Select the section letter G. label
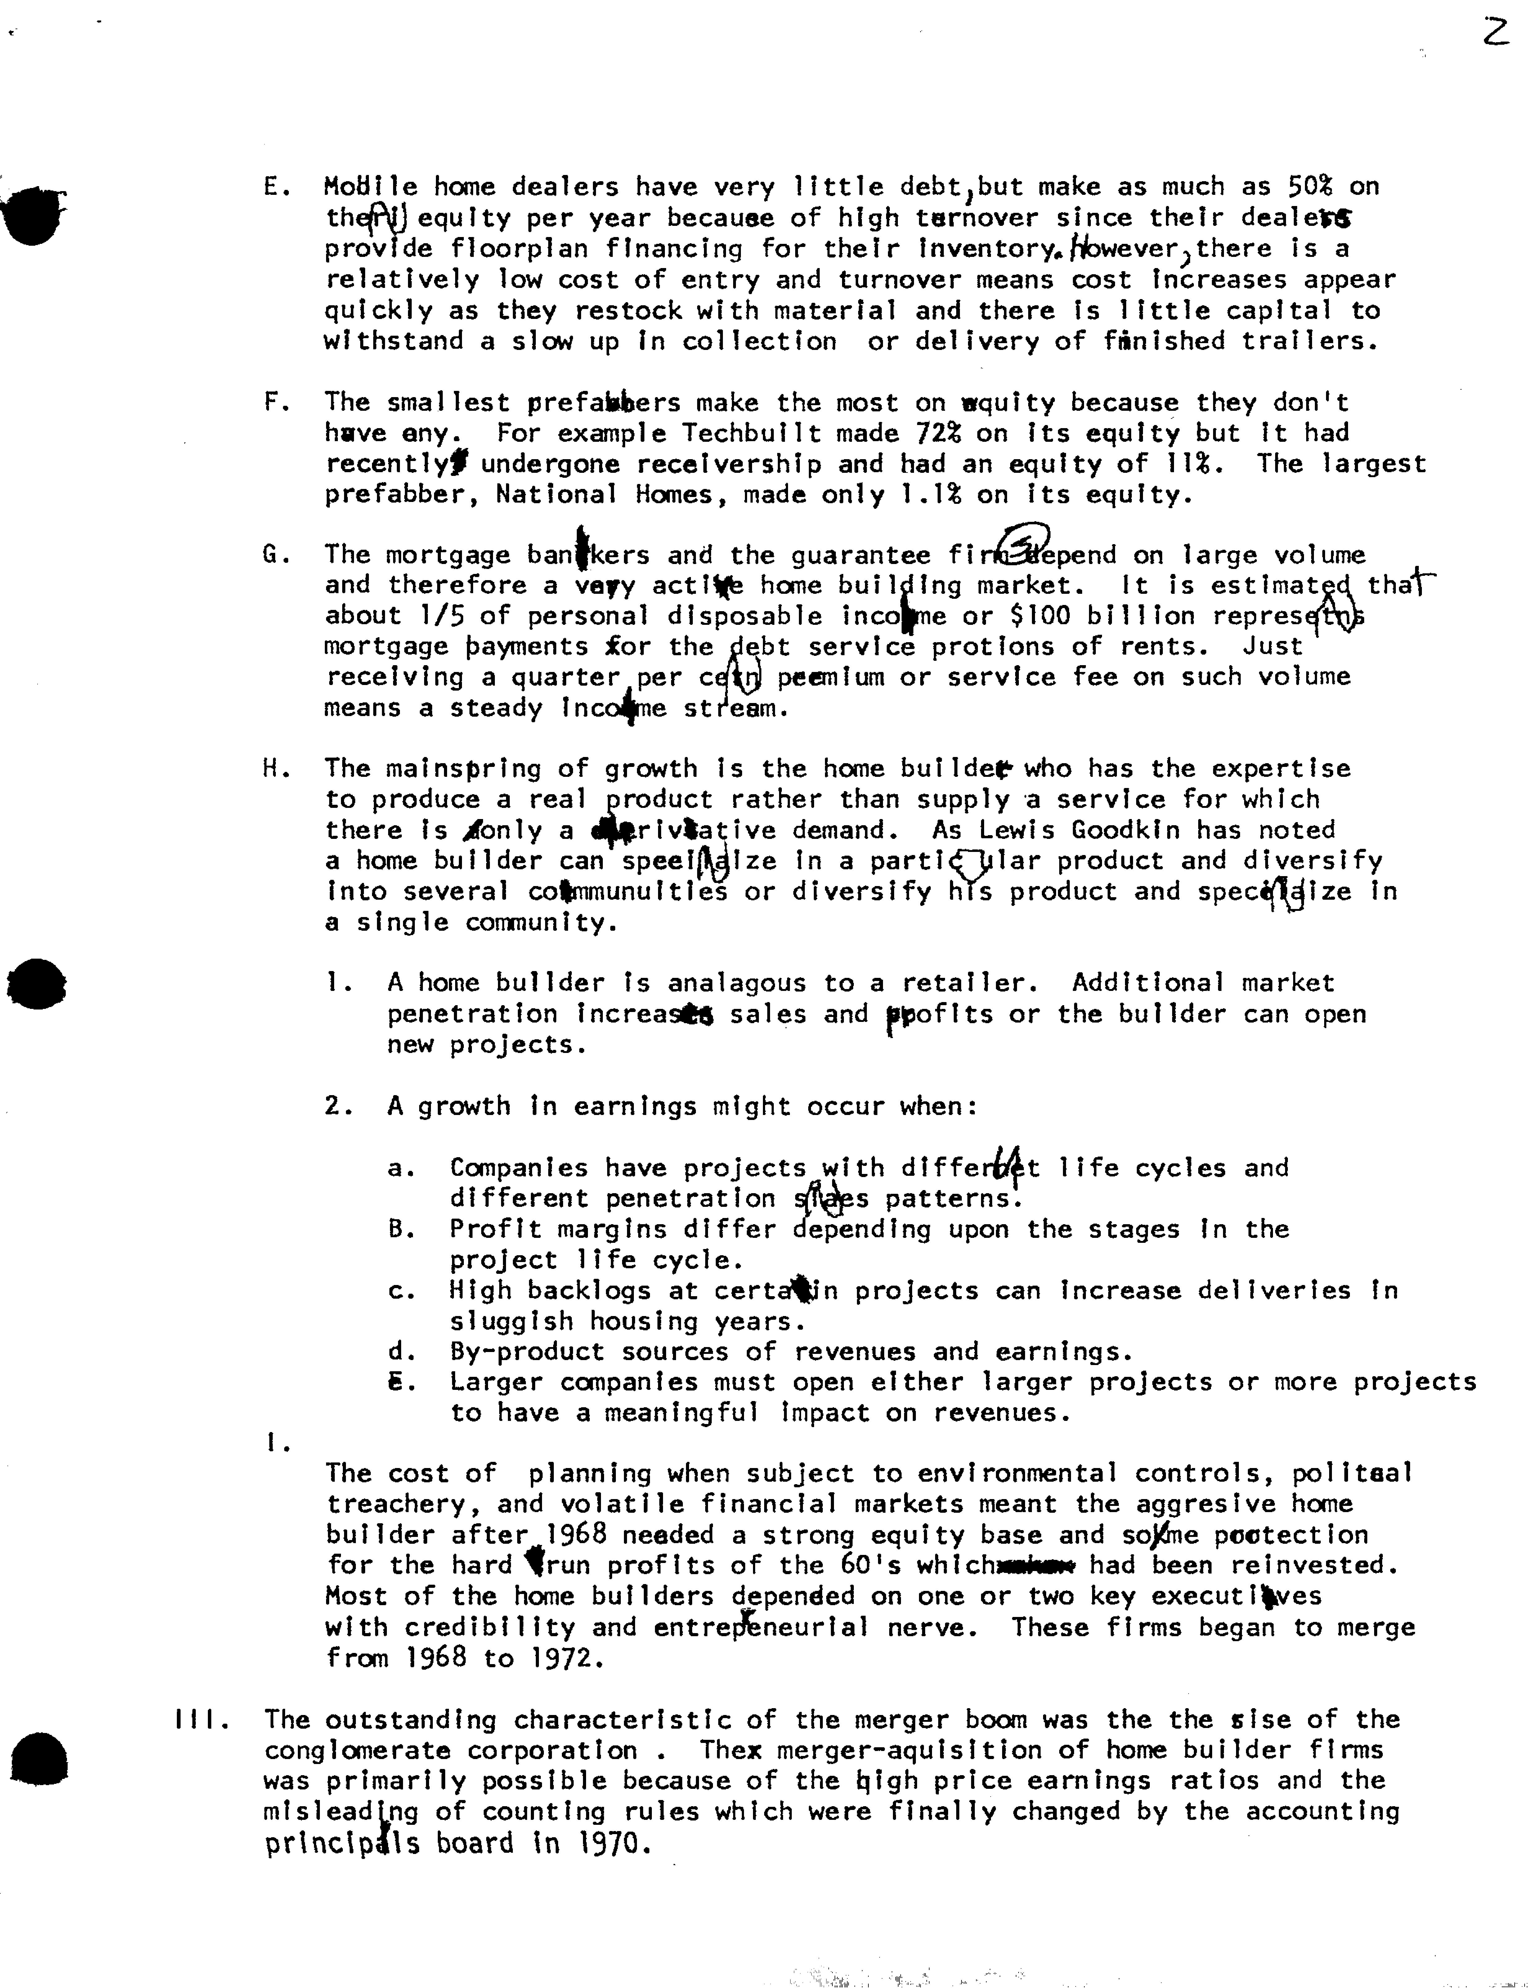(275, 555)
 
